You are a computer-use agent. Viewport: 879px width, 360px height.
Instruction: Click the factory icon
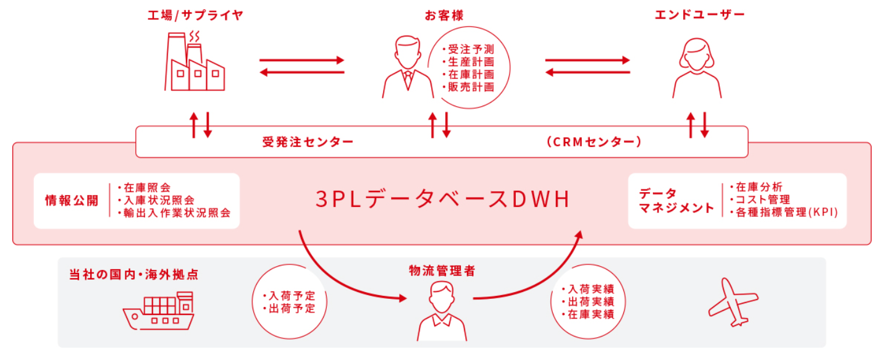(x=195, y=62)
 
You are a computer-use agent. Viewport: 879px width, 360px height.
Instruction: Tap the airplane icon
(x=733, y=301)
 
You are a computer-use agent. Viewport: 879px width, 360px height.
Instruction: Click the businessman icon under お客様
(x=408, y=67)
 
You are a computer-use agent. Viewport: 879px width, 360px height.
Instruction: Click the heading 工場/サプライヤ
(x=195, y=15)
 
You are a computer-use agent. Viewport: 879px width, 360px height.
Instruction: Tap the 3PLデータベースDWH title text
(x=442, y=200)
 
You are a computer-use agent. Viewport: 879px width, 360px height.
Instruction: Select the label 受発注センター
(x=308, y=142)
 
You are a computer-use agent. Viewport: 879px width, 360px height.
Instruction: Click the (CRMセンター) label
(x=594, y=142)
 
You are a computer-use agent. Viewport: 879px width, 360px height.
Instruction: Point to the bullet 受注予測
(x=470, y=49)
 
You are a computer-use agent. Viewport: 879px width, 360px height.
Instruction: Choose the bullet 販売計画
(x=470, y=86)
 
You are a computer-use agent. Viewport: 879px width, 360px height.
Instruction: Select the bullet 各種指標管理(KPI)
(x=784, y=213)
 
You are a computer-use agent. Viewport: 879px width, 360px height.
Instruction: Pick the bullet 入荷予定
(x=289, y=295)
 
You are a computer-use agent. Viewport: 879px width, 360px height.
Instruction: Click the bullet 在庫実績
(x=587, y=314)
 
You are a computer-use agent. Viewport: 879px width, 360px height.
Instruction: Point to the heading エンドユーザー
(x=700, y=15)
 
